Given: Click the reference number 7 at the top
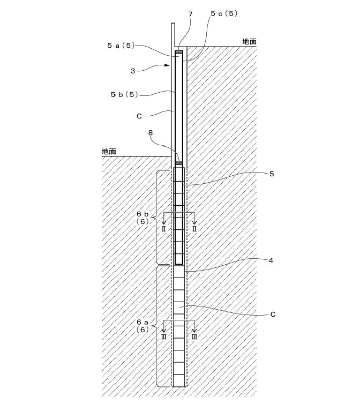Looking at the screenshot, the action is [190, 14].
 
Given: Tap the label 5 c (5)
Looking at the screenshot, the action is [224, 13].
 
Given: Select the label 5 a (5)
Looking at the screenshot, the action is [121, 46].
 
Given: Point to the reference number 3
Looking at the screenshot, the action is [133, 71].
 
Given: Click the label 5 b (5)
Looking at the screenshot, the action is [124, 94].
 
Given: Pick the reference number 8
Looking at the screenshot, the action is [151, 133].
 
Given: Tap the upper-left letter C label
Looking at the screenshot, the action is [139, 116].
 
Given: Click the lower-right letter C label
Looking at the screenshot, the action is [273, 315].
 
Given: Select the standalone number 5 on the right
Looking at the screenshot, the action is [272, 174].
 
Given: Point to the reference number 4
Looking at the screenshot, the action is [271, 261].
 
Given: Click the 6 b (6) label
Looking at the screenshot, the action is [142, 218].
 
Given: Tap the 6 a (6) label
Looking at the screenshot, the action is [142, 326].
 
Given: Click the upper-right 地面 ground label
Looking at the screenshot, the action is [250, 41].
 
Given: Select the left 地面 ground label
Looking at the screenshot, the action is [109, 152].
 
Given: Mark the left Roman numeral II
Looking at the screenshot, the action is [163, 229].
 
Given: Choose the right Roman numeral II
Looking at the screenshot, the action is [194, 229].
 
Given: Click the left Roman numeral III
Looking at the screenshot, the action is [163, 336].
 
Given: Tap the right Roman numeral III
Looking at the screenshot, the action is [194, 336].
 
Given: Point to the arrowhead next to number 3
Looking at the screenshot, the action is [168, 65].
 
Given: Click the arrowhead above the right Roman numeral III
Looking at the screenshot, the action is [194, 331].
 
